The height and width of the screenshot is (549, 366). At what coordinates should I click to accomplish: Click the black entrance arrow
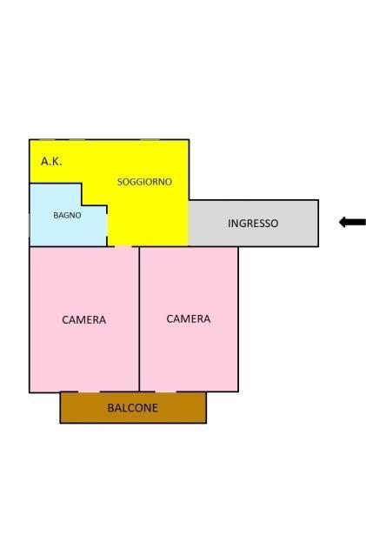pyautogui.click(x=352, y=222)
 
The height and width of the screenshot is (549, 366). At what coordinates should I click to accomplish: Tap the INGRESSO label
pyautogui.click(x=253, y=224)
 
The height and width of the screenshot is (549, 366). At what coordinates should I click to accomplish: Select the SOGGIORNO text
pyautogui.click(x=144, y=182)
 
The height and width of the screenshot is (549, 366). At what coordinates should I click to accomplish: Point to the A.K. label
pyautogui.click(x=51, y=162)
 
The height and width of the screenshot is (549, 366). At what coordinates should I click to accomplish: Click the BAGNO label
pyautogui.click(x=67, y=215)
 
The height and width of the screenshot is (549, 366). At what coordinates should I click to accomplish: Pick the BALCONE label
pyautogui.click(x=133, y=408)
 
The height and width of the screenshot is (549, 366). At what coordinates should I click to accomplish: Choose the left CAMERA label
pyautogui.click(x=84, y=319)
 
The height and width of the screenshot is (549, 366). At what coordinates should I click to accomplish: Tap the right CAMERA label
pyautogui.click(x=189, y=319)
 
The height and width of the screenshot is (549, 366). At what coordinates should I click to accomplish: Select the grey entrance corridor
pyautogui.click(x=253, y=224)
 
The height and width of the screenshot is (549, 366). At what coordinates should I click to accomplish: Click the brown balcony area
pyautogui.click(x=133, y=408)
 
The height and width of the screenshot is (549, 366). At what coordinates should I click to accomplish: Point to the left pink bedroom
pyautogui.click(x=84, y=319)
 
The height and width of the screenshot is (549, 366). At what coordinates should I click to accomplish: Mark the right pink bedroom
pyautogui.click(x=189, y=319)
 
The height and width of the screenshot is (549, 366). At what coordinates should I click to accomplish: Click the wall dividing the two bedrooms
pyautogui.click(x=139, y=319)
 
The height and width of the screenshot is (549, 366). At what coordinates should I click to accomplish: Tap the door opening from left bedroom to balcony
pyautogui.click(x=89, y=392)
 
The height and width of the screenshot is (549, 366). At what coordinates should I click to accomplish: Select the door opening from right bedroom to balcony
pyautogui.click(x=165, y=392)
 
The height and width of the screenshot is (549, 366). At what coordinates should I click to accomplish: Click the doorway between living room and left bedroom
pyautogui.click(x=123, y=246)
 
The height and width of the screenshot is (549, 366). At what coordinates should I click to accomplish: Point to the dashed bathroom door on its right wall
pyautogui.click(x=107, y=226)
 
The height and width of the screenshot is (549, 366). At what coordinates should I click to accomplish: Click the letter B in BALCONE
pyautogui.click(x=110, y=408)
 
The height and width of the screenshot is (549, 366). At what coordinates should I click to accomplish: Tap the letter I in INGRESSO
pyautogui.click(x=230, y=224)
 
